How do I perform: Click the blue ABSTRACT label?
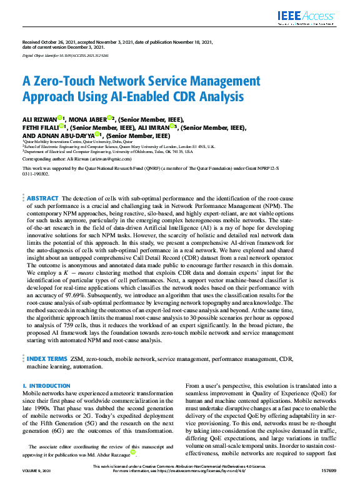(x=42, y=198)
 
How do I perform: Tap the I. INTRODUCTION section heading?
(x=46, y=387)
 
